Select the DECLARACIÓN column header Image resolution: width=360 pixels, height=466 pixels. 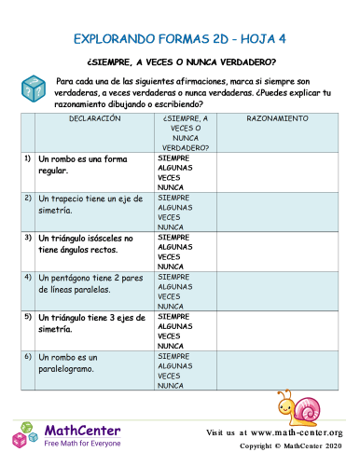tap(94, 120)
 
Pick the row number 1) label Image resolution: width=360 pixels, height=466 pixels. tap(28, 158)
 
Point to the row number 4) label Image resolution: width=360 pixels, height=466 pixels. tap(28, 277)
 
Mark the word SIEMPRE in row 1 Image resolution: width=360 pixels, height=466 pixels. tap(173, 158)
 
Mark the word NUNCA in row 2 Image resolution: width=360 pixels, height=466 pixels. tap(170, 226)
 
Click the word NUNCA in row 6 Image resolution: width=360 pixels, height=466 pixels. tap(170, 384)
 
